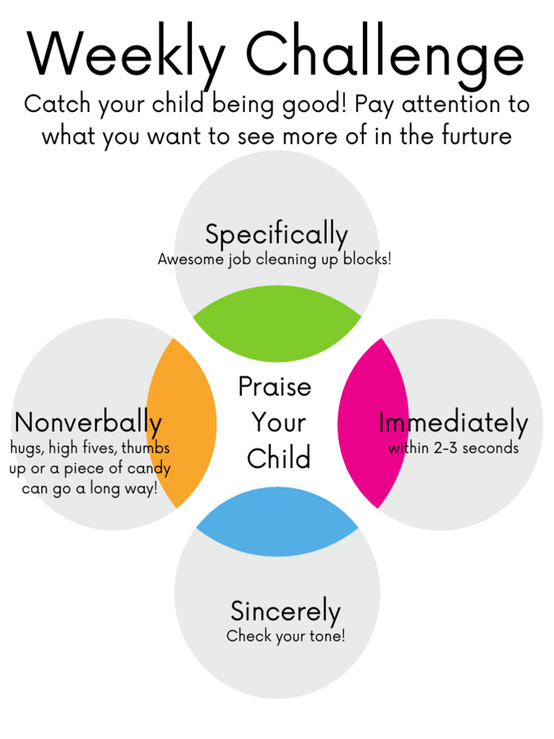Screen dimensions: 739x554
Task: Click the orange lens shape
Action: [182, 423]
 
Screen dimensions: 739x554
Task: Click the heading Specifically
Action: [276, 235]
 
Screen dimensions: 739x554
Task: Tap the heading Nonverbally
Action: [88, 423]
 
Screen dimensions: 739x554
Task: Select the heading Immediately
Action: [453, 423]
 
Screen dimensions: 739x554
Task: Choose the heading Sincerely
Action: [285, 612]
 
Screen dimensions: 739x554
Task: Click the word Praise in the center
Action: [275, 387]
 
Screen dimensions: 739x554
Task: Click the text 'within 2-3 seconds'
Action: [453, 448]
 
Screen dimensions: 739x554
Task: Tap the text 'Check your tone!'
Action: [286, 637]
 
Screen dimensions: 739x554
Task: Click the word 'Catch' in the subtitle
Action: [56, 105]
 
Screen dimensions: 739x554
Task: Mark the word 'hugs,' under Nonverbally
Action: [26, 448]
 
